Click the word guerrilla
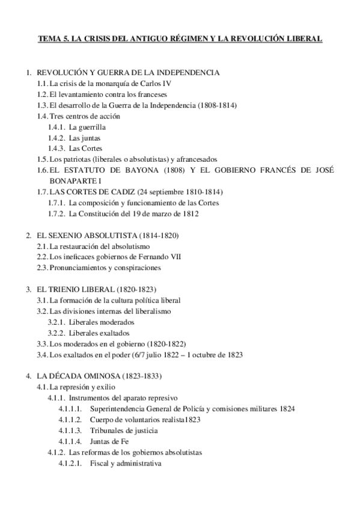93,127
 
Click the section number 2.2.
42,257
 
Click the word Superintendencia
120,408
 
